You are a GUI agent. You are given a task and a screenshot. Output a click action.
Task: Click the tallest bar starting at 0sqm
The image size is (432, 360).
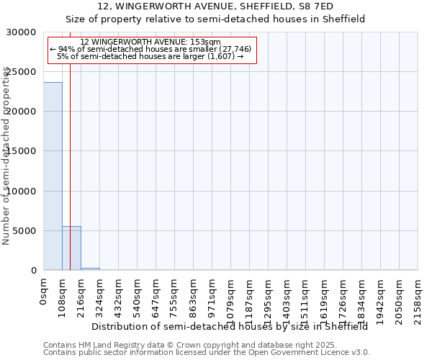point(53,176)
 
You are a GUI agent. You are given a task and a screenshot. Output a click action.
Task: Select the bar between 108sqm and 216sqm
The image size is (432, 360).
point(71,248)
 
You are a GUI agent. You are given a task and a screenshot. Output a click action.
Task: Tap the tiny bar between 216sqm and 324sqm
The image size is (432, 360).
point(90,269)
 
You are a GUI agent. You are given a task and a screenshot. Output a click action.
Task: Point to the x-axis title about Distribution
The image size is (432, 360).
point(230,326)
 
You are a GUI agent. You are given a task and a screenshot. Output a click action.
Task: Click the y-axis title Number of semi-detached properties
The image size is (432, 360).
point(6,156)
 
